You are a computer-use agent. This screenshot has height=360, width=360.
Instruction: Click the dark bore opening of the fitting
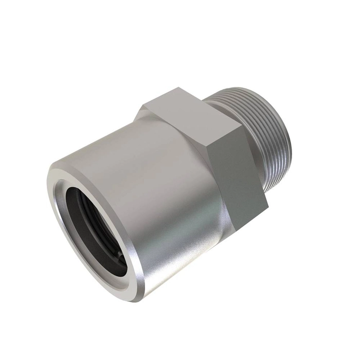click(x=95, y=226)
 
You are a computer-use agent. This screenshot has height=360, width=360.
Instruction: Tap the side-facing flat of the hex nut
click(x=242, y=170)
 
